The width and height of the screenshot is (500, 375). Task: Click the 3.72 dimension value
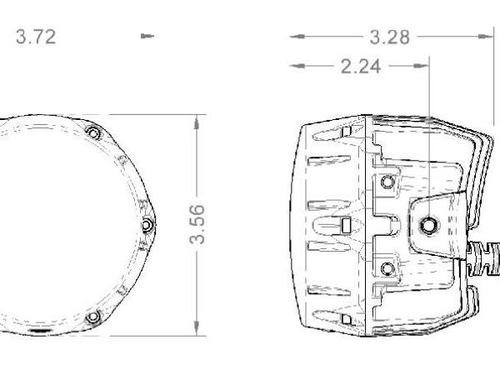point(34,37)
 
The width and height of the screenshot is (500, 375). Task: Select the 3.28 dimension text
point(389,37)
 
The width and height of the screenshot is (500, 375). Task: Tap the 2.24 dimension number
point(361,67)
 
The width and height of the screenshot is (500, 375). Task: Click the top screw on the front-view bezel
point(94,132)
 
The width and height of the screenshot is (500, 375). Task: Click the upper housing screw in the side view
point(386,182)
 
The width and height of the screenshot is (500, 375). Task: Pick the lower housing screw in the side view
point(386,267)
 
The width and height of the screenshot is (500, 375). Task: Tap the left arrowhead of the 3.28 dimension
point(295,37)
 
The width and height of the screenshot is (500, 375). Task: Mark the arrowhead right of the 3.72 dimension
point(147,37)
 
